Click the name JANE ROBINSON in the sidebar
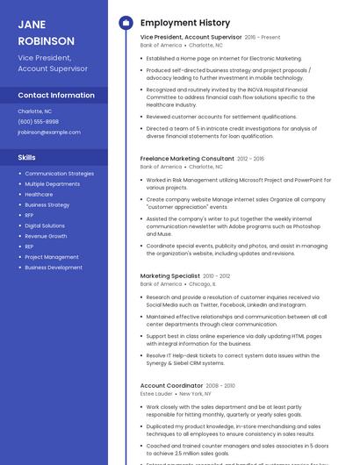click(47, 32)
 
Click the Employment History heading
click(185, 22)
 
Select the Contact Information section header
click(56, 95)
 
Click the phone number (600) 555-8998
click(38, 122)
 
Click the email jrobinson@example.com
click(48, 132)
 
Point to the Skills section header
click(27, 157)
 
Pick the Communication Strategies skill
click(59, 174)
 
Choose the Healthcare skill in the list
click(40, 195)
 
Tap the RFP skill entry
click(29, 215)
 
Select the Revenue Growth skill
click(46, 236)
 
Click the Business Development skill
click(54, 268)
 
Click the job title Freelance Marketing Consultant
click(187, 159)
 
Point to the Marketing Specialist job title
click(169, 275)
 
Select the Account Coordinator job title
click(171, 385)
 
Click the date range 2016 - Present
click(263, 38)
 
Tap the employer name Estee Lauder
click(156, 394)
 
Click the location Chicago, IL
click(202, 284)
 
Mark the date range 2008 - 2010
click(220, 385)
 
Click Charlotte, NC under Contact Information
click(35, 111)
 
